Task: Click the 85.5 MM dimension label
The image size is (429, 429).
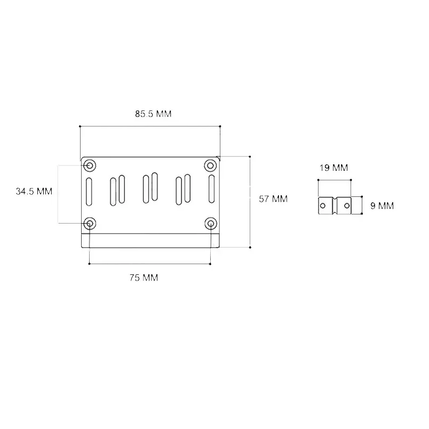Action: [x=153, y=114]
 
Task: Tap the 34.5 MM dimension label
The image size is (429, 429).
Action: [x=34, y=191]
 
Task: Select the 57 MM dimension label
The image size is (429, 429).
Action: [x=273, y=199]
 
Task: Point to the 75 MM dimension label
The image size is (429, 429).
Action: [x=144, y=277]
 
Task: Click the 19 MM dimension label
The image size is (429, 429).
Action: [x=333, y=168]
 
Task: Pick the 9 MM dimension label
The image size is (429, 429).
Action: [x=382, y=206]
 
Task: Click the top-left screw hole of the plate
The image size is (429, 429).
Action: [x=90, y=165]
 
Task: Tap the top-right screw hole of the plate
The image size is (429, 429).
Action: [x=210, y=165]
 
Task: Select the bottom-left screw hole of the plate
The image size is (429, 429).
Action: [x=90, y=224]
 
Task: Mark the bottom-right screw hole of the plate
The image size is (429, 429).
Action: [x=210, y=224]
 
